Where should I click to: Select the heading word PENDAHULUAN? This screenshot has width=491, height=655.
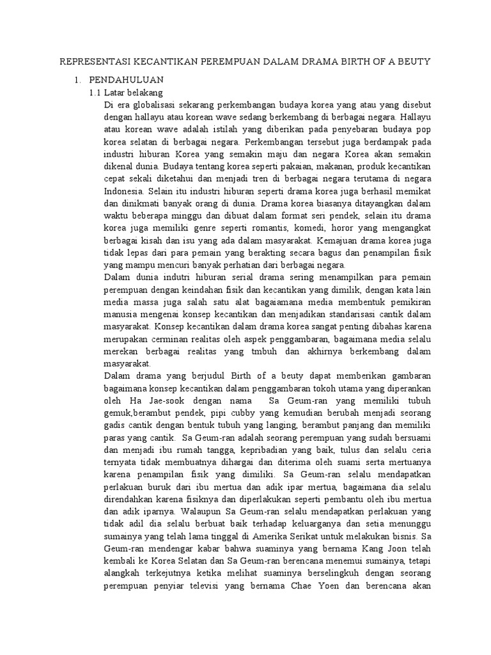pos(127,80)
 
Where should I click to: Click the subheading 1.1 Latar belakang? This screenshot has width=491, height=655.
pos(125,93)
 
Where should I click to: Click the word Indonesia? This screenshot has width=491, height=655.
pos(123,191)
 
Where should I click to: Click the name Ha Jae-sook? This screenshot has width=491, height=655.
pos(152,401)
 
